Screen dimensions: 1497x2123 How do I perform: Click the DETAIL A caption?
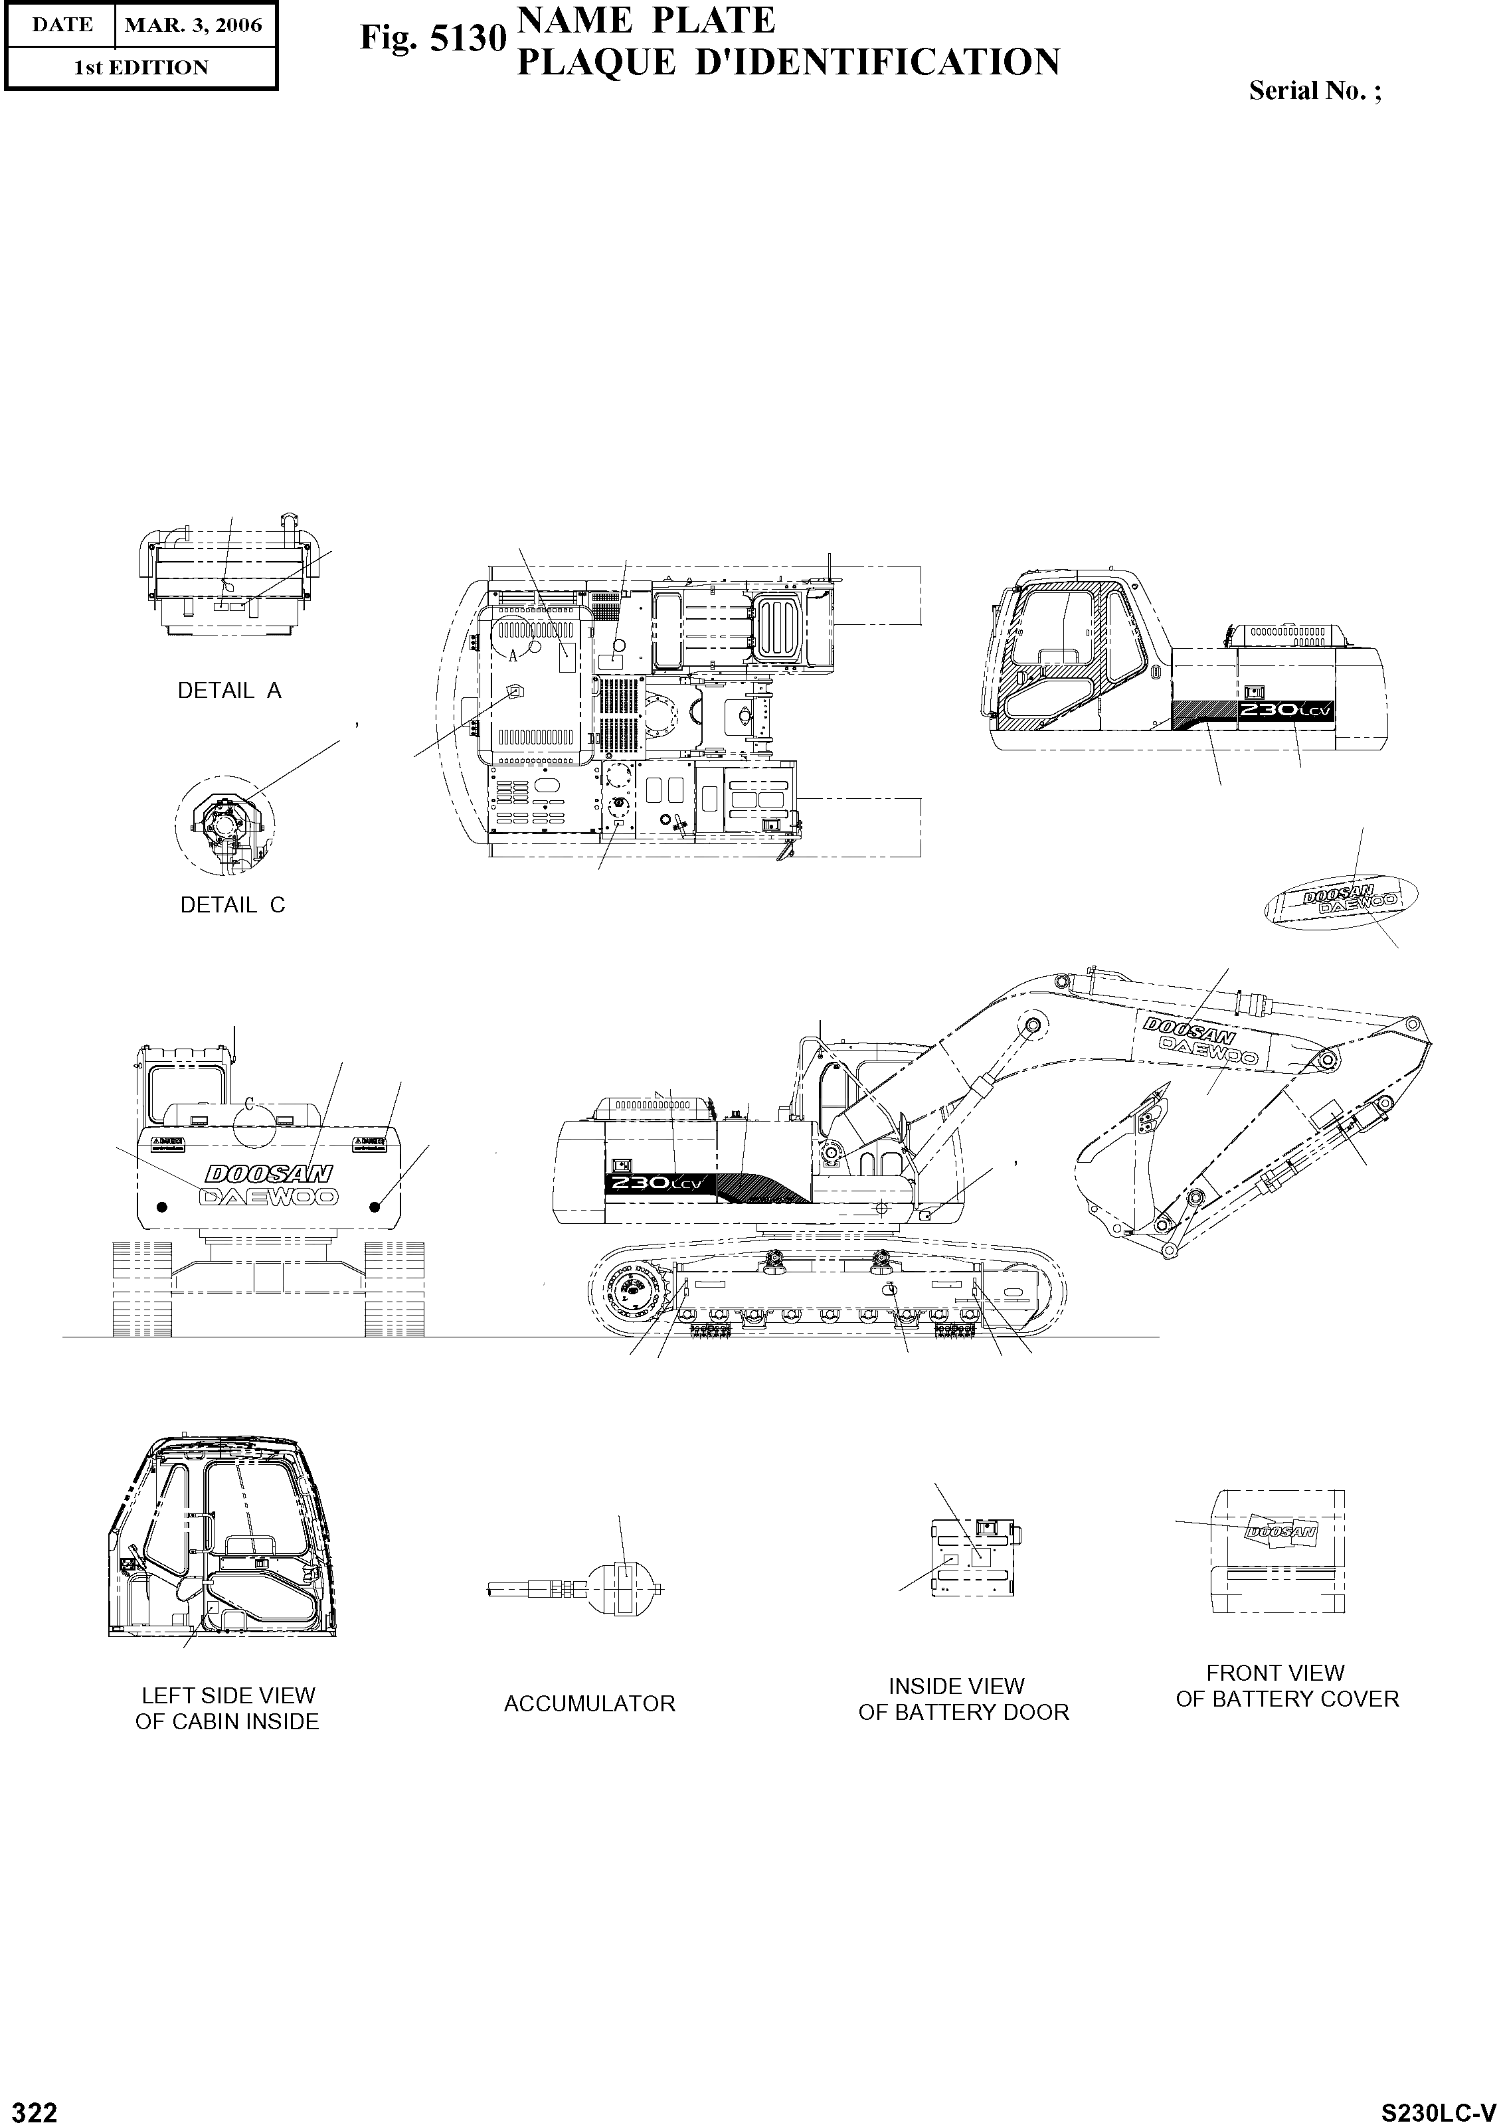click(x=229, y=691)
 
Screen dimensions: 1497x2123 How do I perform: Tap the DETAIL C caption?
click(x=232, y=905)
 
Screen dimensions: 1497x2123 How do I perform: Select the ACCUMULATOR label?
click(x=589, y=1703)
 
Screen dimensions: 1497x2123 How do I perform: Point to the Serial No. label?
click(x=1314, y=90)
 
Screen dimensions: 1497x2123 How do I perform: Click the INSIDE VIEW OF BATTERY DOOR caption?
click(x=962, y=1699)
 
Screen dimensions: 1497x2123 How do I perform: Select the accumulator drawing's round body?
click(x=620, y=1588)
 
